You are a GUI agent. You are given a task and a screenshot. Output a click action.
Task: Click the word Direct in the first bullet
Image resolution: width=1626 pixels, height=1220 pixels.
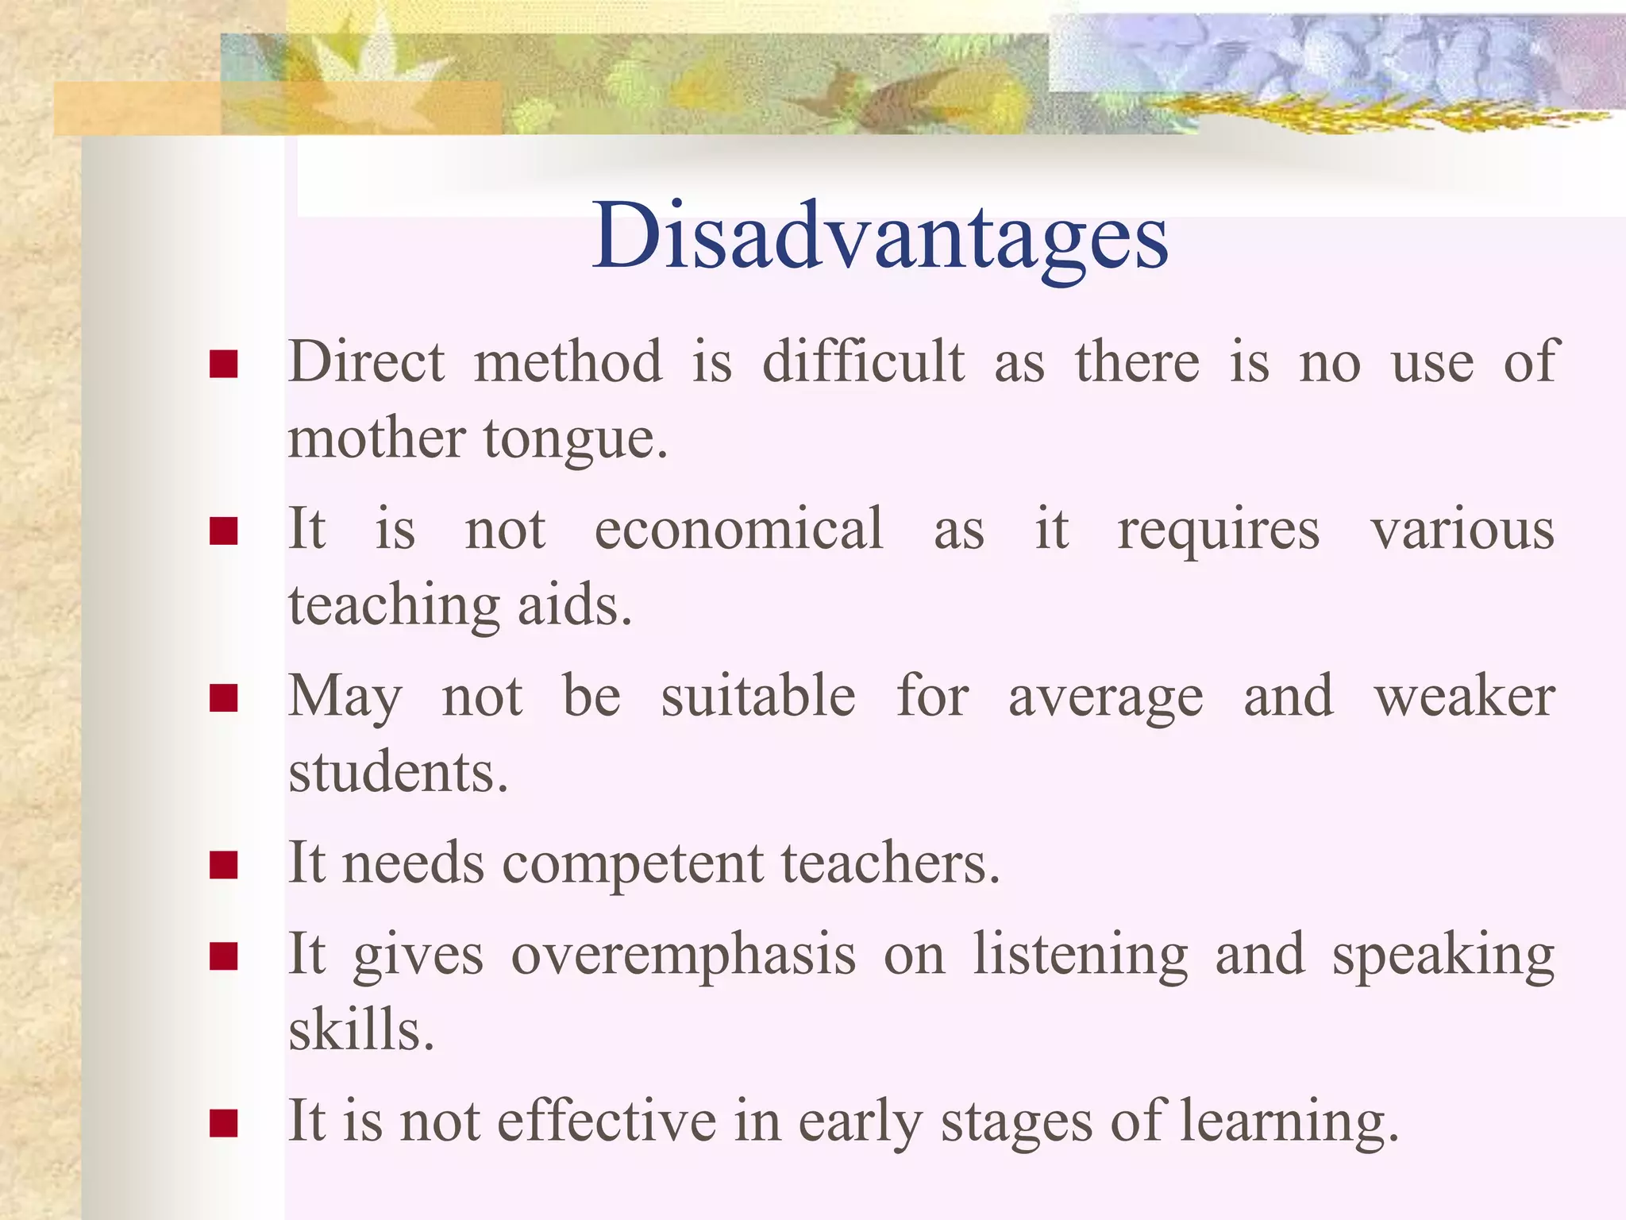coord(366,362)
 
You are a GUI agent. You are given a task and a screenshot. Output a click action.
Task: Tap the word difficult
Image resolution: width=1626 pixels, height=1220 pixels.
coord(863,362)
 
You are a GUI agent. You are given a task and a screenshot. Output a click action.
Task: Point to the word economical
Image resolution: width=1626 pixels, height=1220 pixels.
coord(738,529)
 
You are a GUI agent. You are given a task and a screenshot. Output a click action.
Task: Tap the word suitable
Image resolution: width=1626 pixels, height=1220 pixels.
coord(758,696)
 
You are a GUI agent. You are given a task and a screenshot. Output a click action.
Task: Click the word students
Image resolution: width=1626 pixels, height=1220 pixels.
coord(397,772)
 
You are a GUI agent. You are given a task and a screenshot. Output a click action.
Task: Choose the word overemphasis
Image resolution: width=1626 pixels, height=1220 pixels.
coord(684,955)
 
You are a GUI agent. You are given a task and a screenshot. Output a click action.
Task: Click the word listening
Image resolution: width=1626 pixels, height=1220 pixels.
coord(1081,955)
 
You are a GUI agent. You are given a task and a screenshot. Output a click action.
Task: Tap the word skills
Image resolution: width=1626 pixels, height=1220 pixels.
coord(361,1029)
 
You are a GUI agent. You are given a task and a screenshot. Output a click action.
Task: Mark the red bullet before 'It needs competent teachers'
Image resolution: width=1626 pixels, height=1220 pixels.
coord(224,865)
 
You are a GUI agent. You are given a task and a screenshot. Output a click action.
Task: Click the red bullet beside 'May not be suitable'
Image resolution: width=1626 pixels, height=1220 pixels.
coord(224,698)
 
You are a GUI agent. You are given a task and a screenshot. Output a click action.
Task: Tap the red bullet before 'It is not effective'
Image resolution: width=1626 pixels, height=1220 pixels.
coord(224,1123)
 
